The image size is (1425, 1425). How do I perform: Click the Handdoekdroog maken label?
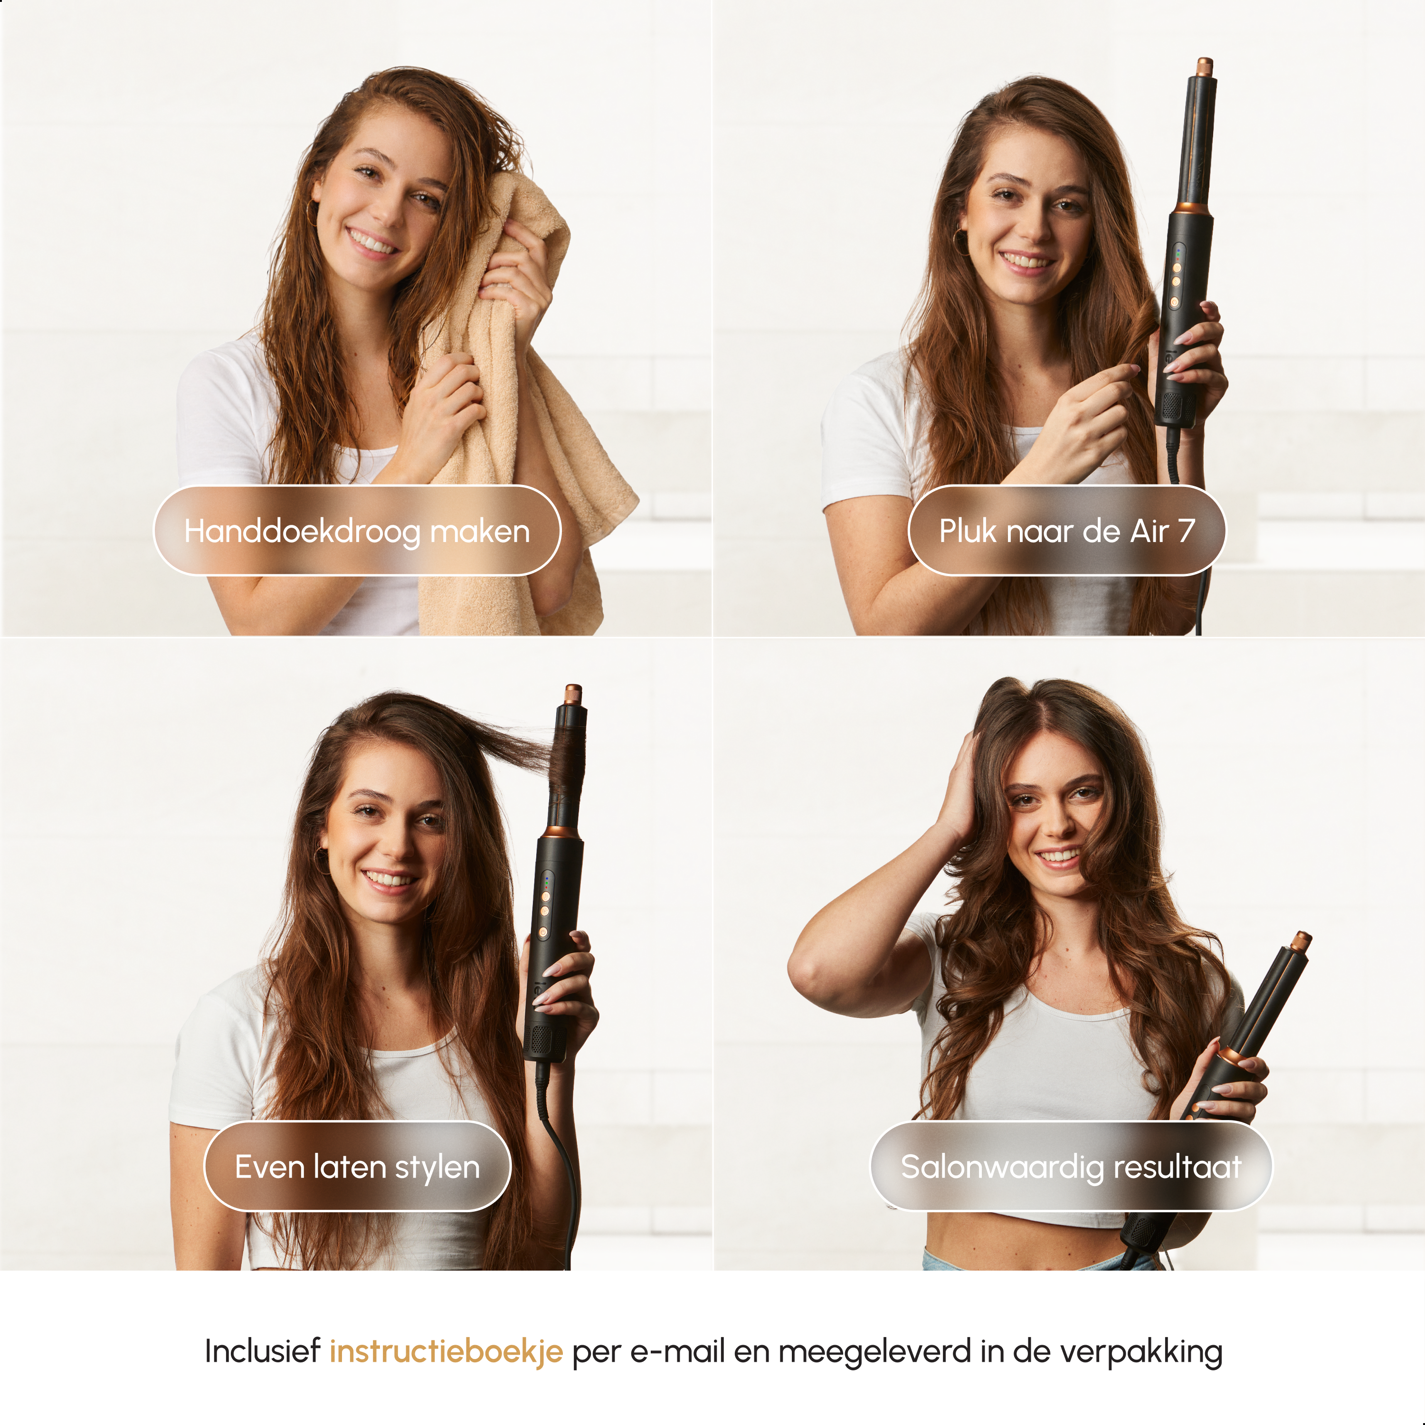pos(357,531)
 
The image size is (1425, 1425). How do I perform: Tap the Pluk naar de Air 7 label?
pos(1066,531)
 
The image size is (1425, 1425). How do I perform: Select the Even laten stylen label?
pos(357,1167)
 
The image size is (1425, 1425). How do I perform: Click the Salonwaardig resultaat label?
pos(1071,1167)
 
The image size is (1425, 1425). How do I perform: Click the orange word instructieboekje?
pos(446,1352)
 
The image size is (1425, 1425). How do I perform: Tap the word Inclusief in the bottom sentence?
pos(262,1351)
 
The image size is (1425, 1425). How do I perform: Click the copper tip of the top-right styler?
pos(1205,67)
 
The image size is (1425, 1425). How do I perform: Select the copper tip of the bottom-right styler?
pos(1302,941)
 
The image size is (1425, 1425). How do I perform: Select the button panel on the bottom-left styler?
pos(546,906)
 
